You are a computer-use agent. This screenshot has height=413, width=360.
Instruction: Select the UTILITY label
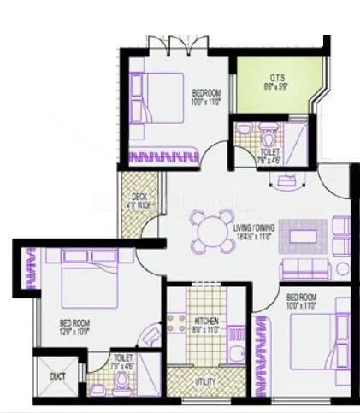coord(205,381)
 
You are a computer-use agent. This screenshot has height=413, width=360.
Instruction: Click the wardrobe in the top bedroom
coord(162,156)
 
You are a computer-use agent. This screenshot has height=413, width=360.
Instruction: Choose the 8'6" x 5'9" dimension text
coord(276,85)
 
